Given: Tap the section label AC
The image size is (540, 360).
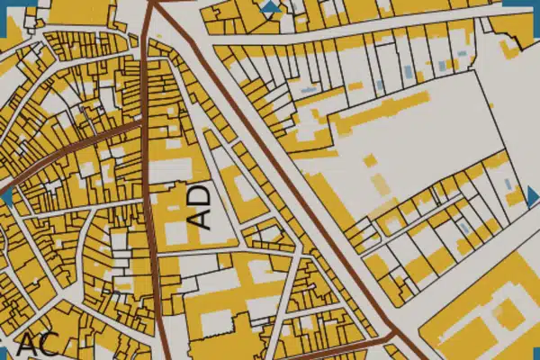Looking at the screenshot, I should pyautogui.click(x=38, y=345).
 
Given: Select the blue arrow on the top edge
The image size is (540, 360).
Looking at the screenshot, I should pyautogui.click(x=271, y=6).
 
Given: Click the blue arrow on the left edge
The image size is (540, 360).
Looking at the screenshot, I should pyautogui.click(x=6, y=195).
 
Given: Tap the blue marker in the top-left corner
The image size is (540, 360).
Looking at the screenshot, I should pyautogui.click(x=4, y=4).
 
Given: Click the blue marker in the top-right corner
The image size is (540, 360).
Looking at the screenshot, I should pyautogui.click(x=535, y=4).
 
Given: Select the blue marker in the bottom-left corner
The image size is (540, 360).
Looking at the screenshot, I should pyautogui.click(x=4, y=355).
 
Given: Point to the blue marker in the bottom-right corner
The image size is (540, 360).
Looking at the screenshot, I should pyautogui.click(x=535, y=355).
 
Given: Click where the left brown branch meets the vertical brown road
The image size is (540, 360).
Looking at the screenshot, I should pyautogui.click(x=143, y=125).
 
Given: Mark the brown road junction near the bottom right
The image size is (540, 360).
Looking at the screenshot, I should pyautogui.click(x=391, y=337).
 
